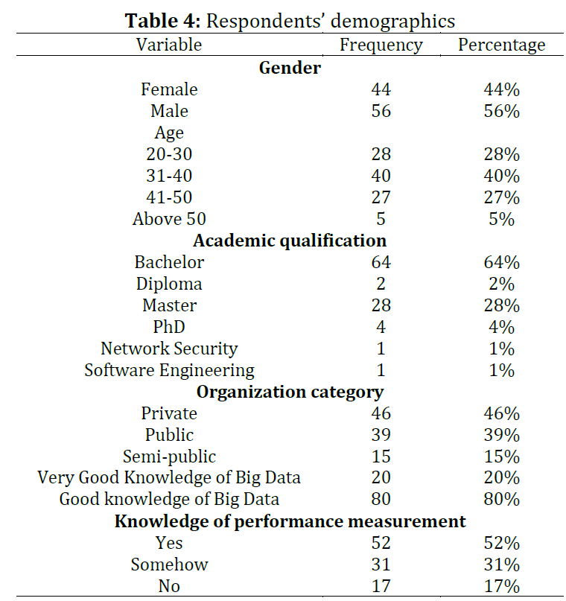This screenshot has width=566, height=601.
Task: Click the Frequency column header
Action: tap(381, 45)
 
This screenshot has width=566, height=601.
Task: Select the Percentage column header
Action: tap(502, 45)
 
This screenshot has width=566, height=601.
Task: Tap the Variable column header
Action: tap(169, 45)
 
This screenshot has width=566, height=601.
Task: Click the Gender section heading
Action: tap(290, 68)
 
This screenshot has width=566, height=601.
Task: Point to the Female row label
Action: tap(169, 89)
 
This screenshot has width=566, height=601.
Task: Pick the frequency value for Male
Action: tap(381, 111)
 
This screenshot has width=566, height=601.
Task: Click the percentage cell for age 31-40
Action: tap(502, 176)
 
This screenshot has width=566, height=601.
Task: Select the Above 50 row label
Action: tap(169, 219)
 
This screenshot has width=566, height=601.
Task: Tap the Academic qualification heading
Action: tap(290, 241)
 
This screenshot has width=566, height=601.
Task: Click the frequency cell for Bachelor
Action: tap(381, 262)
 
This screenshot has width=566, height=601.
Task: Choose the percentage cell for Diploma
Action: tap(502, 284)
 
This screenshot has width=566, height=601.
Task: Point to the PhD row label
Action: tap(169, 327)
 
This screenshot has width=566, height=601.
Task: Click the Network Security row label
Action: tap(169, 349)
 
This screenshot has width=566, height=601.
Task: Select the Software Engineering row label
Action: tap(169, 371)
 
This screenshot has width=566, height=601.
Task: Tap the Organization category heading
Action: tap(290, 392)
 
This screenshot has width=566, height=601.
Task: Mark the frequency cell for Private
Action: tap(381, 413)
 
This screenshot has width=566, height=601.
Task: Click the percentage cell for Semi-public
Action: tap(502, 457)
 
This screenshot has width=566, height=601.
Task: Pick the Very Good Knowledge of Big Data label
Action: tap(169, 478)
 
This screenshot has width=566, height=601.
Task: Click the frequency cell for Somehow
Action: tap(381, 565)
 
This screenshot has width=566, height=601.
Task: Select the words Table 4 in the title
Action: tap(162, 21)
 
